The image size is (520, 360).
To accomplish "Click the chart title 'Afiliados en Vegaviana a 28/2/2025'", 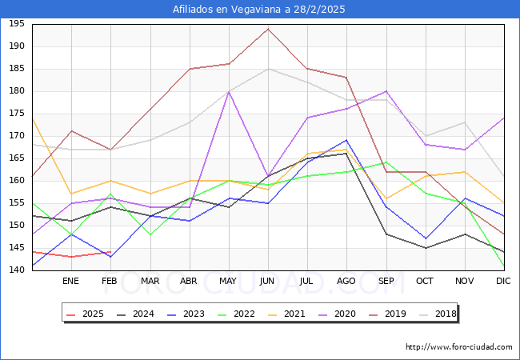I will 259,9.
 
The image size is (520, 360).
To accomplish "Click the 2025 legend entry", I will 86,314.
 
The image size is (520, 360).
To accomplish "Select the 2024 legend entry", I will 135,314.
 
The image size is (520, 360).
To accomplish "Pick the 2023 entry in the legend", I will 185,314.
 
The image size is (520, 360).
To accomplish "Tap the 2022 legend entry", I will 234,314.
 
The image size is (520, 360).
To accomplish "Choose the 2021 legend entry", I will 284,314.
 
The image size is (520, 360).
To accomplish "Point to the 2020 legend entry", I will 334,314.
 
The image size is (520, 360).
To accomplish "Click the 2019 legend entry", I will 383,314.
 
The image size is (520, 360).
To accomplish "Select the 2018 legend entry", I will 433,314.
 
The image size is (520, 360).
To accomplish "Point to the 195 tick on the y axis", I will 16,24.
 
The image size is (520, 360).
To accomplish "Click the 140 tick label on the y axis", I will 16,270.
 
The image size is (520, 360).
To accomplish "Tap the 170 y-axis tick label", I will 16,136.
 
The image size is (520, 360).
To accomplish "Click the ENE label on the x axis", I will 71,282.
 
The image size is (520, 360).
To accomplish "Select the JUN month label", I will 267,282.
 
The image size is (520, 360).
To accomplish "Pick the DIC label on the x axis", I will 503,282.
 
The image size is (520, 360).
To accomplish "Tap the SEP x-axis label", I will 386,282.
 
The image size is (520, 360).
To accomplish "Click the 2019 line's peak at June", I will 268,29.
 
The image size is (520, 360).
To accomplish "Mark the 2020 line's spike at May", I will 229,91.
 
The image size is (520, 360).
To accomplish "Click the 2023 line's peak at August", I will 346,140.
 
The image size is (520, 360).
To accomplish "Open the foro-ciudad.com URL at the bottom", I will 458,347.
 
